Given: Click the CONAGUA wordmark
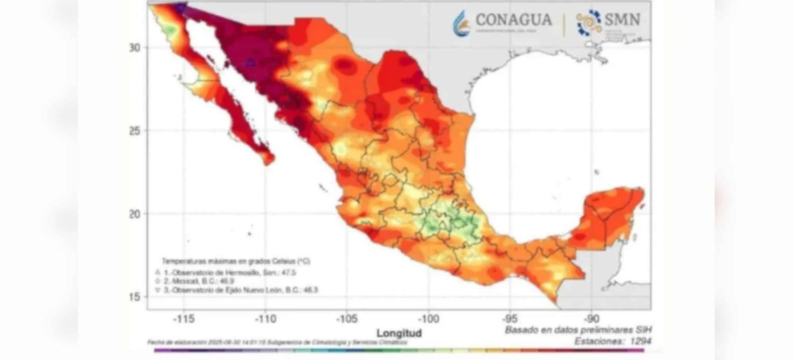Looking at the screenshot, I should coord(513,20).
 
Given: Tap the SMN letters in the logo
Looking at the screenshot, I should coord(622,19).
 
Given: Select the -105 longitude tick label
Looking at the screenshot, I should coord(347,319).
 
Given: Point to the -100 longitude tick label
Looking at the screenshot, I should coord(428,319).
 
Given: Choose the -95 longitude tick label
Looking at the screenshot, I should coord(510,319).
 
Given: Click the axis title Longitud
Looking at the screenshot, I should coord(399,333).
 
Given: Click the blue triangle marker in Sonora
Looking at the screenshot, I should coord(250,62).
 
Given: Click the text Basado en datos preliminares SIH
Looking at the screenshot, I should coord(578,330).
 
